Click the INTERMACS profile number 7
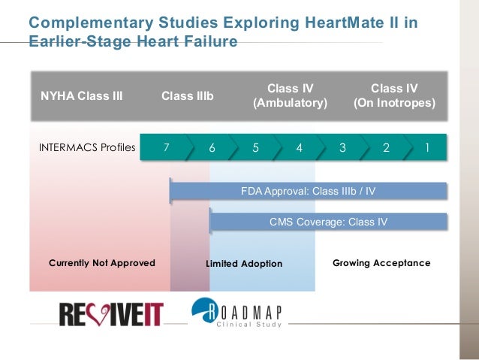(167, 148)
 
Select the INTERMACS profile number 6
(212, 148)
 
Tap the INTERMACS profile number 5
(255, 148)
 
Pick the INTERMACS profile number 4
(299, 148)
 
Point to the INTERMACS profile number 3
(342, 148)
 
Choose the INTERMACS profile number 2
(386, 148)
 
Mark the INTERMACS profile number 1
(428, 148)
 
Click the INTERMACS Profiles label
(87, 148)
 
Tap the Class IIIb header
(188, 96)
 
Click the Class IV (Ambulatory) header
(291, 95)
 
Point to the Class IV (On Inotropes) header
(394, 95)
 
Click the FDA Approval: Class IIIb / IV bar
(308, 192)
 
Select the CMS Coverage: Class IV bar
(328, 222)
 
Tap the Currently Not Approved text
(102, 263)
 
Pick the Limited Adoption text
(244, 264)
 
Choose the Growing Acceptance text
(381, 263)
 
